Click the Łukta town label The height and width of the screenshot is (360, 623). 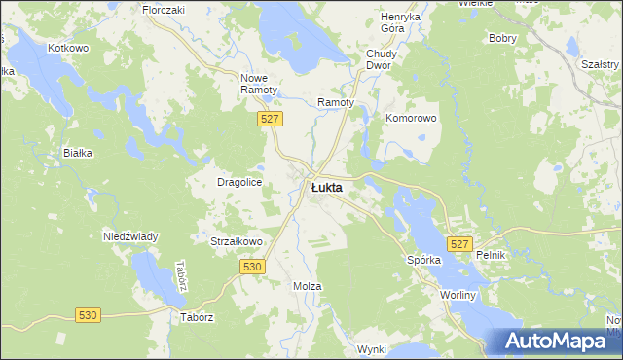click(x=326, y=187)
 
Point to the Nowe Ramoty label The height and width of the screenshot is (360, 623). click(x=260, y=83)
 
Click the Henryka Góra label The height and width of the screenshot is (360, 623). click(x=400, y=23)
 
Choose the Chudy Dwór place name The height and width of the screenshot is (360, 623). click(x=378, y=59)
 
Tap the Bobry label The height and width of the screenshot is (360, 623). click(x=502, y=38)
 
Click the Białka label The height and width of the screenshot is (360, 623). click(x=77, y=153)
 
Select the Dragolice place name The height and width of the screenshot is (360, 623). click(x=238, y=182)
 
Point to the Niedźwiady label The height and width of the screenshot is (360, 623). click(x=130, y=236)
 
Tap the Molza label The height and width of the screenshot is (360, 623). click(x=308, y=286)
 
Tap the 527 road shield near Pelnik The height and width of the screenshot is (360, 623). click(x=460, y=244)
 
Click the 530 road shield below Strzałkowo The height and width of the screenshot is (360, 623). click(x=253, y=266)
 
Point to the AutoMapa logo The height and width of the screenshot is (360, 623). click(x=556, y=342)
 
